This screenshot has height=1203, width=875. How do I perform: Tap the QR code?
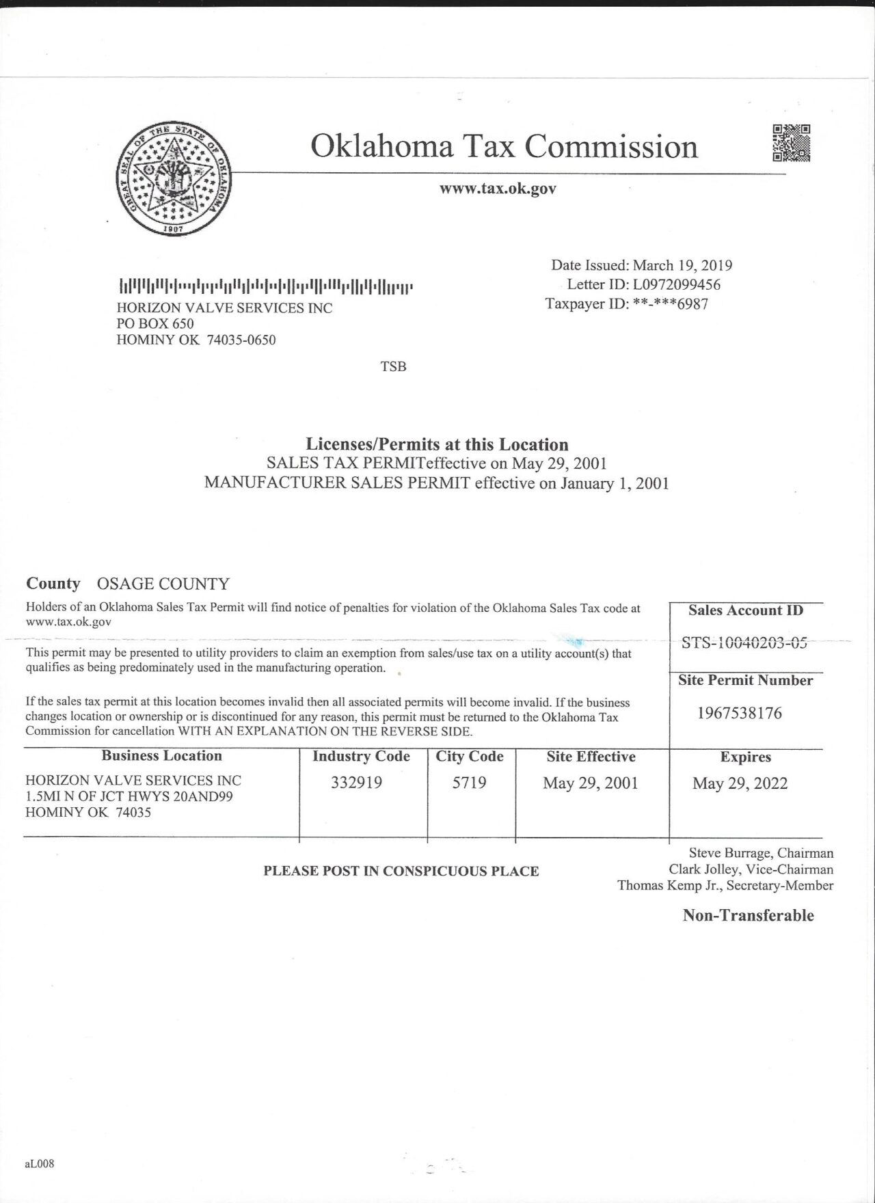(792, 143)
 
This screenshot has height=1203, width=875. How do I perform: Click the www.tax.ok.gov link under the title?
(498, 189)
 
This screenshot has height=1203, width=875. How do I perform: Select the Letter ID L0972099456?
(676, 284)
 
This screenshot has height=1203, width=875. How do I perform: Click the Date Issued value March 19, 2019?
(682, 265)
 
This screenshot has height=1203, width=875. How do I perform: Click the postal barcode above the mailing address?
(266, 286)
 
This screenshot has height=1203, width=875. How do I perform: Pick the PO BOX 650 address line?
(155, 323)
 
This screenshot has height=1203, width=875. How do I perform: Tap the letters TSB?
(393, 366)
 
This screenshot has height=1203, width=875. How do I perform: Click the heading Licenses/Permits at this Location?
(437, 444)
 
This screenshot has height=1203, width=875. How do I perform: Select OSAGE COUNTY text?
(163, 584)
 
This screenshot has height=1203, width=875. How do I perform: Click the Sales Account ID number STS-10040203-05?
(744, 643)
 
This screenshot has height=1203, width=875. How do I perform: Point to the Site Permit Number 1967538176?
(740, 713)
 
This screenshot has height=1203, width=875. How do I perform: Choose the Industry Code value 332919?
(356, 783)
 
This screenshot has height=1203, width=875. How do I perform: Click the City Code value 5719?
(469, 783)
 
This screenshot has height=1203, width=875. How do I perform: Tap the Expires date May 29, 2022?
(740, 783)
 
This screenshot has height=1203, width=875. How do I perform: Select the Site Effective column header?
(591, 757)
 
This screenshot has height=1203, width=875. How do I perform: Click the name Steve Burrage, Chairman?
(761, 853)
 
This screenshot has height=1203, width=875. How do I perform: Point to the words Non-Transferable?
(748, 915)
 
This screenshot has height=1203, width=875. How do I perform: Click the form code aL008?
(39, 1163)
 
